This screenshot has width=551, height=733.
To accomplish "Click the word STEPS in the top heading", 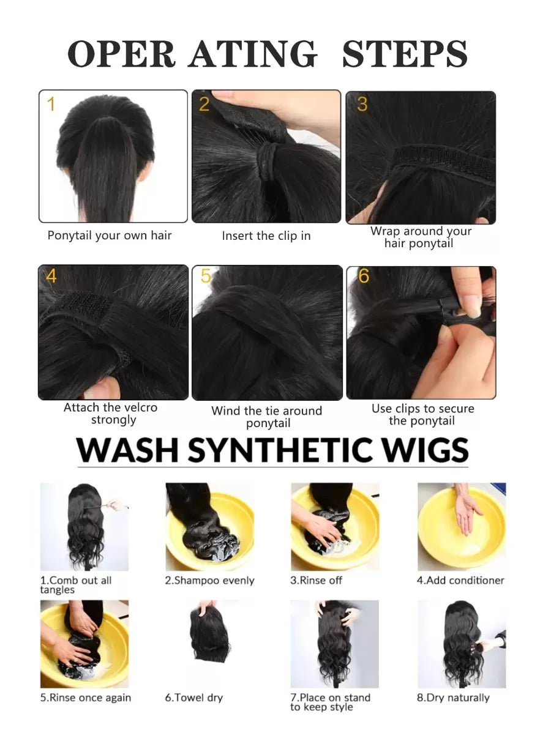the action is (405, 54).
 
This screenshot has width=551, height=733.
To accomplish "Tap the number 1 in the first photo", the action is (51, 104).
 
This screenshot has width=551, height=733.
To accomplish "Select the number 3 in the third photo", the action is (362, 104).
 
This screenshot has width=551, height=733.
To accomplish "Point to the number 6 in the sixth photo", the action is (364, 276).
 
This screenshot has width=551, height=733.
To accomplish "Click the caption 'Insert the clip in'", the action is (266, 236).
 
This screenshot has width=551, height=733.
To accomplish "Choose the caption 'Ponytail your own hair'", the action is (110, 236).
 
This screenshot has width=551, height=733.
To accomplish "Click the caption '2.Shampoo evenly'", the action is (209, 581).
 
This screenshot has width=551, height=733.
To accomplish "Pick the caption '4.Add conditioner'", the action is (460, 581).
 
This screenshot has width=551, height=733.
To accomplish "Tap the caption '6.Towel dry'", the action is (193, 698).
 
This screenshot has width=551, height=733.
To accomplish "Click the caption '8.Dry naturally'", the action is (453, 698).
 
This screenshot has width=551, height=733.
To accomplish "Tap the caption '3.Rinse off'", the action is (316, 581).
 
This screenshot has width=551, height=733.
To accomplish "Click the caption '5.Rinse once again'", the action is (86, 698).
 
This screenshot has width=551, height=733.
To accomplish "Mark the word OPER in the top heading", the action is (121, 54).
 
